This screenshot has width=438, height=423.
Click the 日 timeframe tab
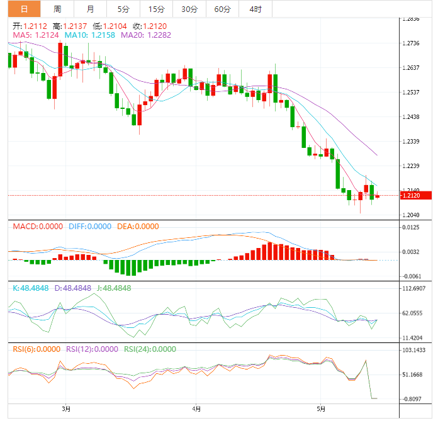[x=24, y=9]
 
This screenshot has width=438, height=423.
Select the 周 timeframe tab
[x=57, y=9]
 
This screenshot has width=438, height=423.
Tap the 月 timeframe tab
[x=91, y=9]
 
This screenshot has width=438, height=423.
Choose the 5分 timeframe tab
[x=123, y=9]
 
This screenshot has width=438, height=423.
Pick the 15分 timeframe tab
[x=156, y=9]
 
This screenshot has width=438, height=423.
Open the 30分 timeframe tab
[x=189, y=9]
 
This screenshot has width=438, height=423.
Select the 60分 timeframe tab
[x=222, y=9]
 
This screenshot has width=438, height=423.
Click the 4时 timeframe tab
[x=255, y=9]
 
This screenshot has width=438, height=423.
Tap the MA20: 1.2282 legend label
[x=145, y=35]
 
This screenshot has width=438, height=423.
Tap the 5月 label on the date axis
[x=322, y=409]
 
